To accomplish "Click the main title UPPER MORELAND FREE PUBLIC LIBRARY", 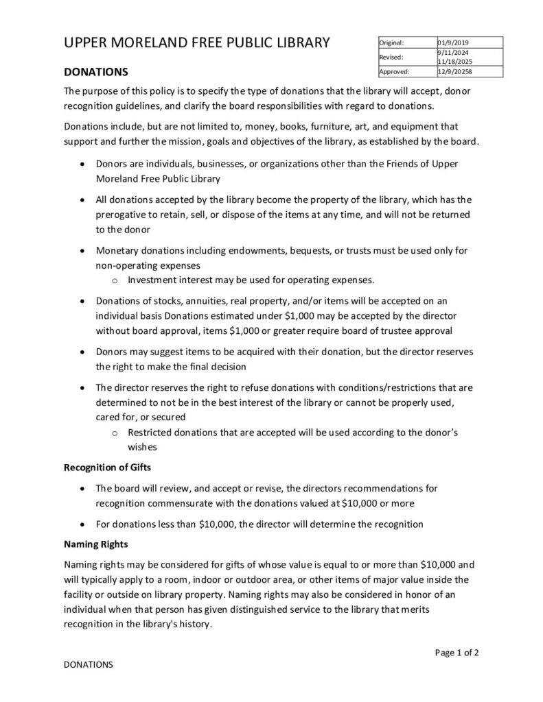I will (197, 43).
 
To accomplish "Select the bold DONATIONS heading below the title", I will (95, 72).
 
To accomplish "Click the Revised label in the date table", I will (391, 57).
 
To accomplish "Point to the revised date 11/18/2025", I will (454, 61).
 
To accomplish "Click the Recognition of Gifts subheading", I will (107, 468).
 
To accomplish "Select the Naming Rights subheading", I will (95, 545).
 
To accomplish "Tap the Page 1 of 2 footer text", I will (457, 653).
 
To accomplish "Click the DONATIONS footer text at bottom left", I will (88, 665).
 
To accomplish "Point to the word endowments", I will (268, 250).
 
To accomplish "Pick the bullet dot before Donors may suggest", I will (83, 352).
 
